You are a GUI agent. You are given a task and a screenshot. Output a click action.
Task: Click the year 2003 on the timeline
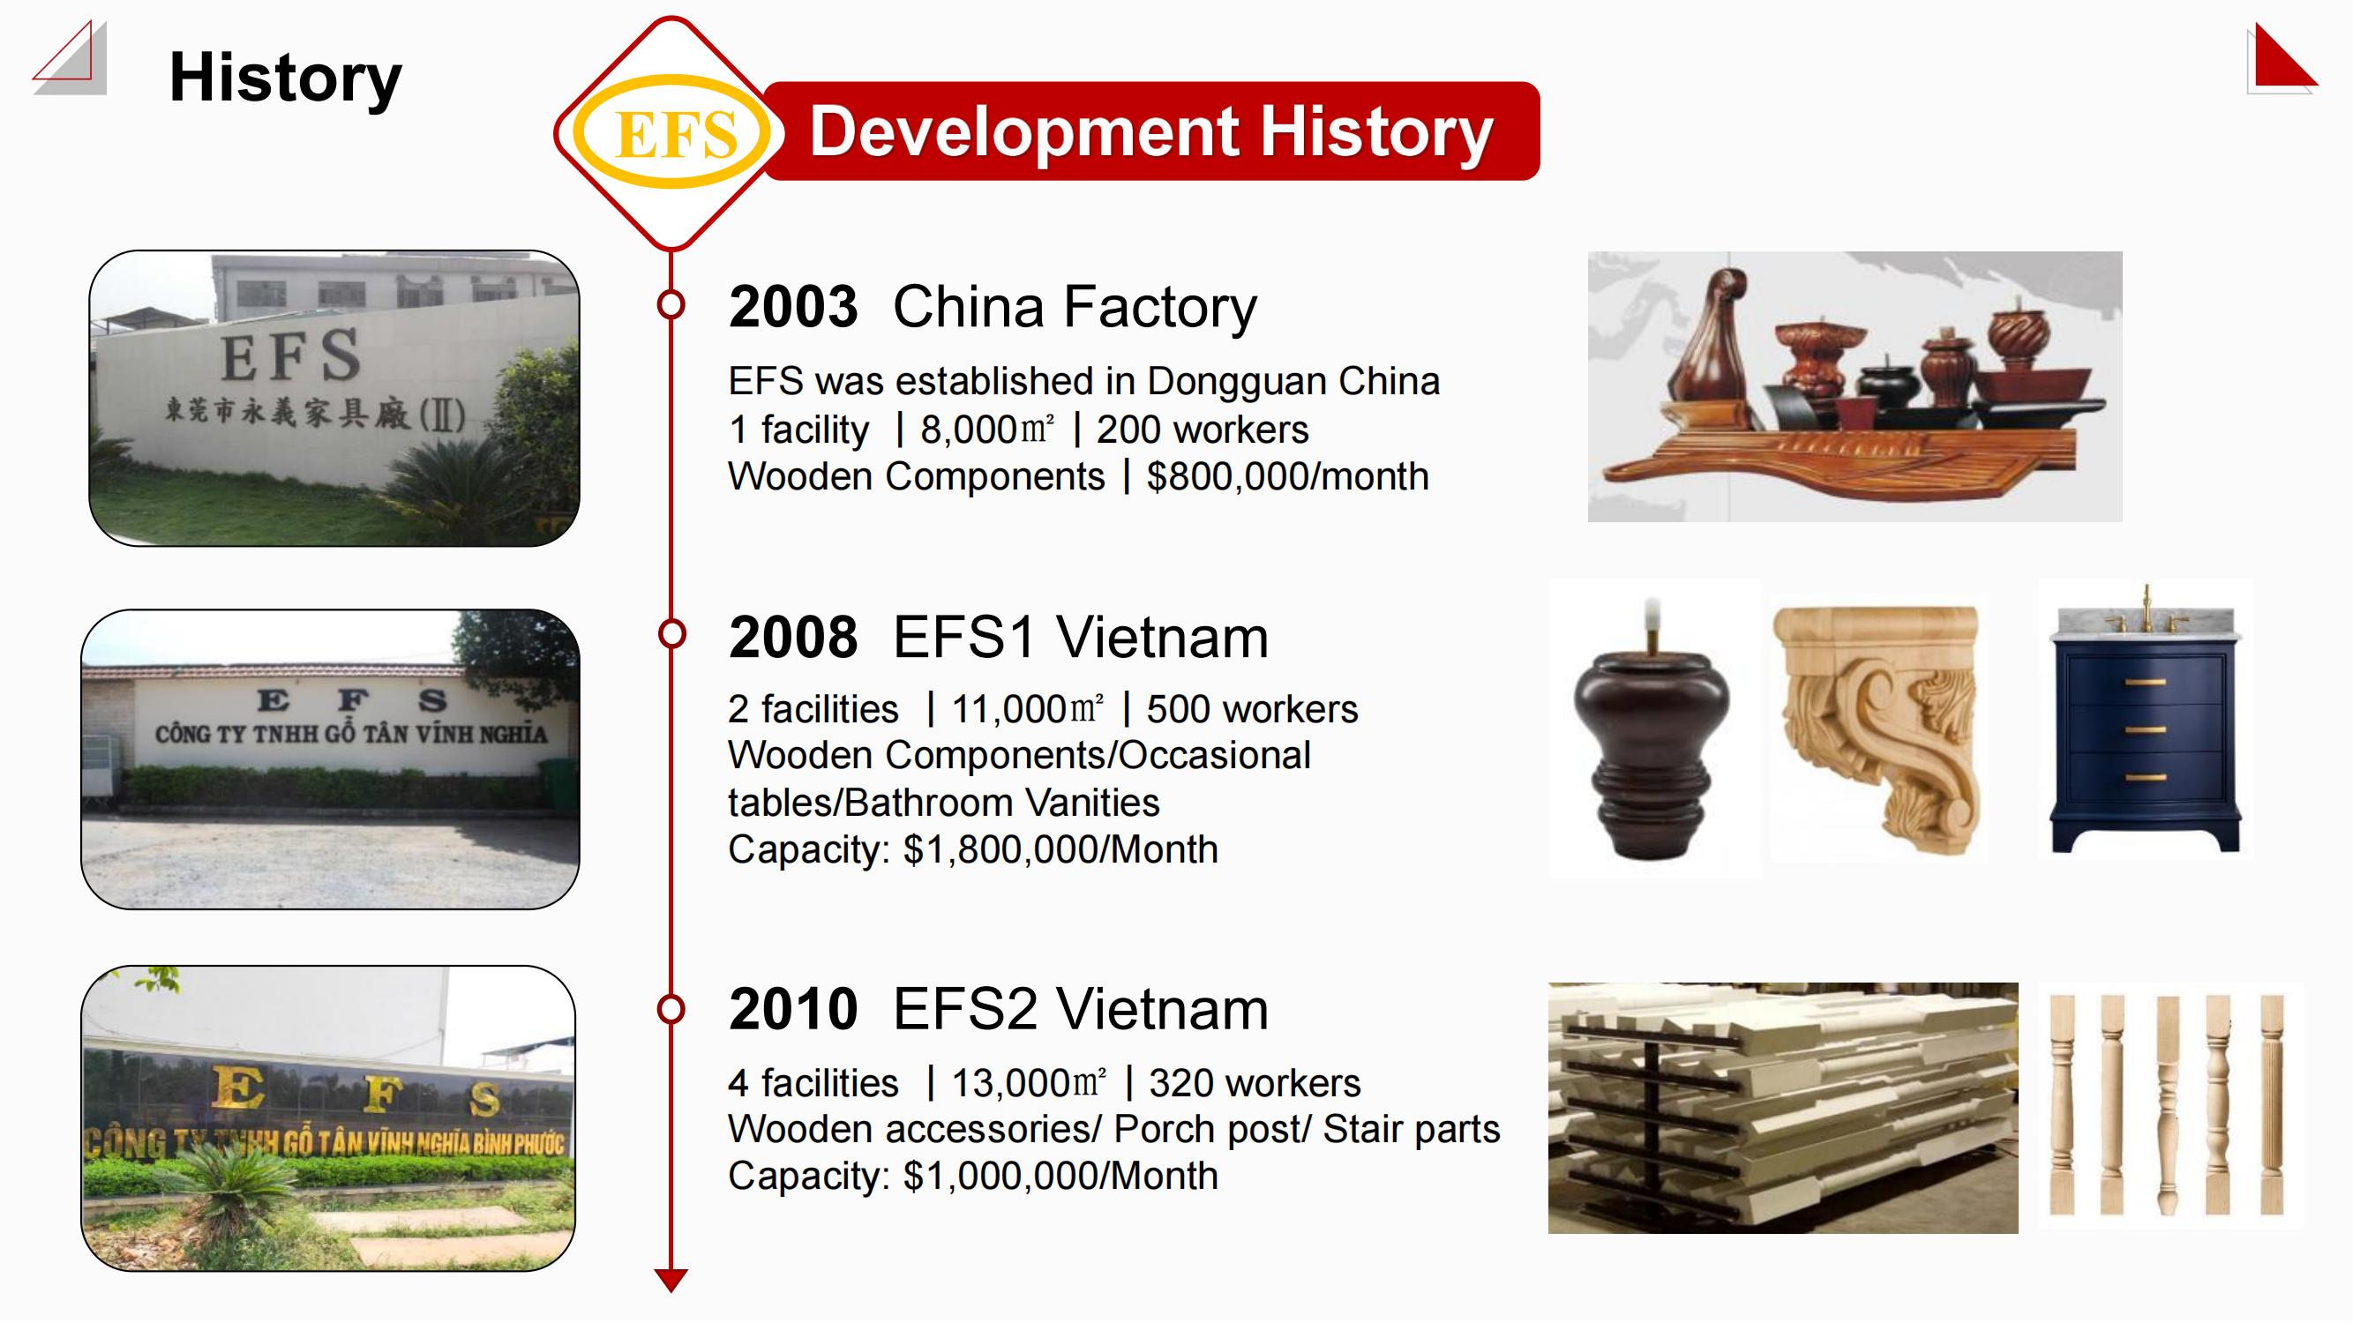[x=793, y=307]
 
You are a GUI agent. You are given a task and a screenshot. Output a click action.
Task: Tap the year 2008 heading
[x=793, y=638]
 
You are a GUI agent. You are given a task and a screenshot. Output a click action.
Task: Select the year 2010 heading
[x=793, y=1009]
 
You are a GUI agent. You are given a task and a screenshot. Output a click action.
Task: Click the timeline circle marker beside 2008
[x=671, y=632]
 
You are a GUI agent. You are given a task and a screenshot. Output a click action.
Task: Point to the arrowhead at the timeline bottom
[x=671, y=1280]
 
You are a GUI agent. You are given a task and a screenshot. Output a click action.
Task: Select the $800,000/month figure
[x=1288, y=476]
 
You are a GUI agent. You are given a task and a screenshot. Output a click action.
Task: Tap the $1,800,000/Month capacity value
[x=1060, y=850]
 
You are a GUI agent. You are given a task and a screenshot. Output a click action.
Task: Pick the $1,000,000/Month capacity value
[x=1060, y=1176]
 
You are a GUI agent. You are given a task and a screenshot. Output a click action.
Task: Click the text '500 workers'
[x=1252, y=709]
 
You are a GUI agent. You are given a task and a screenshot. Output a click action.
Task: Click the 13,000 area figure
[x=1030, y=1084]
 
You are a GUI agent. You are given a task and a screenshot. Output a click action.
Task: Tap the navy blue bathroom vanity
[x=2146, y=730]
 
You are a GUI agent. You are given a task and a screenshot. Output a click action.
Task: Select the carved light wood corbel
[x=1877, y=726]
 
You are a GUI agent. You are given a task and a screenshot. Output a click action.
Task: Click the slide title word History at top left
[x=285, y=78]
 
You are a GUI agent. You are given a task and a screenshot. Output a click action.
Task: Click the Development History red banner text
[x=1151, y=131]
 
